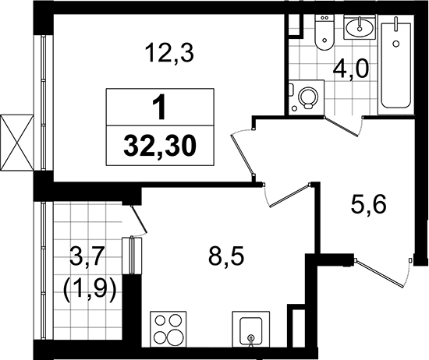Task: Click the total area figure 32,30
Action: point(160,144)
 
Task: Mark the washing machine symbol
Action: point(307,98)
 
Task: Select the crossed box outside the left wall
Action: point(16,143)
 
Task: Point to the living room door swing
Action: point(244,152)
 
